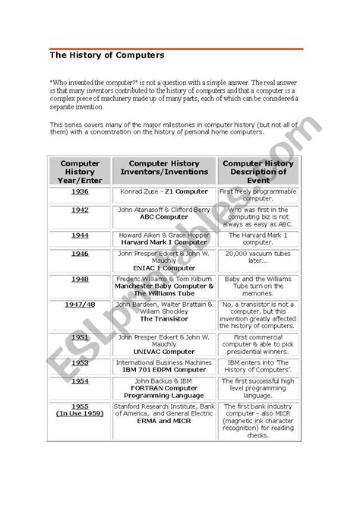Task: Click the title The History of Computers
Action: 106,55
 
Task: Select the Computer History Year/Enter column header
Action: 80,172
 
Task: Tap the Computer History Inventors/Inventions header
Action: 164,167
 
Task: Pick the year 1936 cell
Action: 80,191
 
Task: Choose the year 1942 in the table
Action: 80,210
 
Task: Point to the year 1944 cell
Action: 80,235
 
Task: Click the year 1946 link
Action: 80,254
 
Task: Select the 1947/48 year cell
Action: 80,305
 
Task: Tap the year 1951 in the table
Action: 80,337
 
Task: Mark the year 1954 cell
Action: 80,381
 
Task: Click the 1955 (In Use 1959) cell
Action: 80,410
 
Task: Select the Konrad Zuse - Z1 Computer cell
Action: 164,191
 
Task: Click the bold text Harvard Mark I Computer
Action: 164,242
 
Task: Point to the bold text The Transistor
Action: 164,319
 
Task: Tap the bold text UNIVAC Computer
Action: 164,352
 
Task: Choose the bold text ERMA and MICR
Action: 164,421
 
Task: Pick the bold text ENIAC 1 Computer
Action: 164,268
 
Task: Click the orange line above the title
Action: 176,49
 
